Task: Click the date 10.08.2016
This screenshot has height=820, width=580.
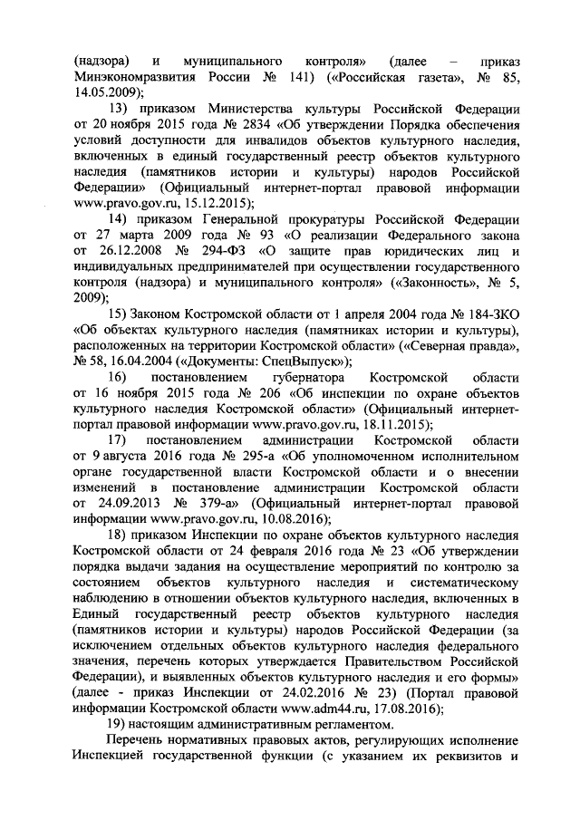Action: (266, 519)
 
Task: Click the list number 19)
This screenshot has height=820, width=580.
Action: (120, 724)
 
